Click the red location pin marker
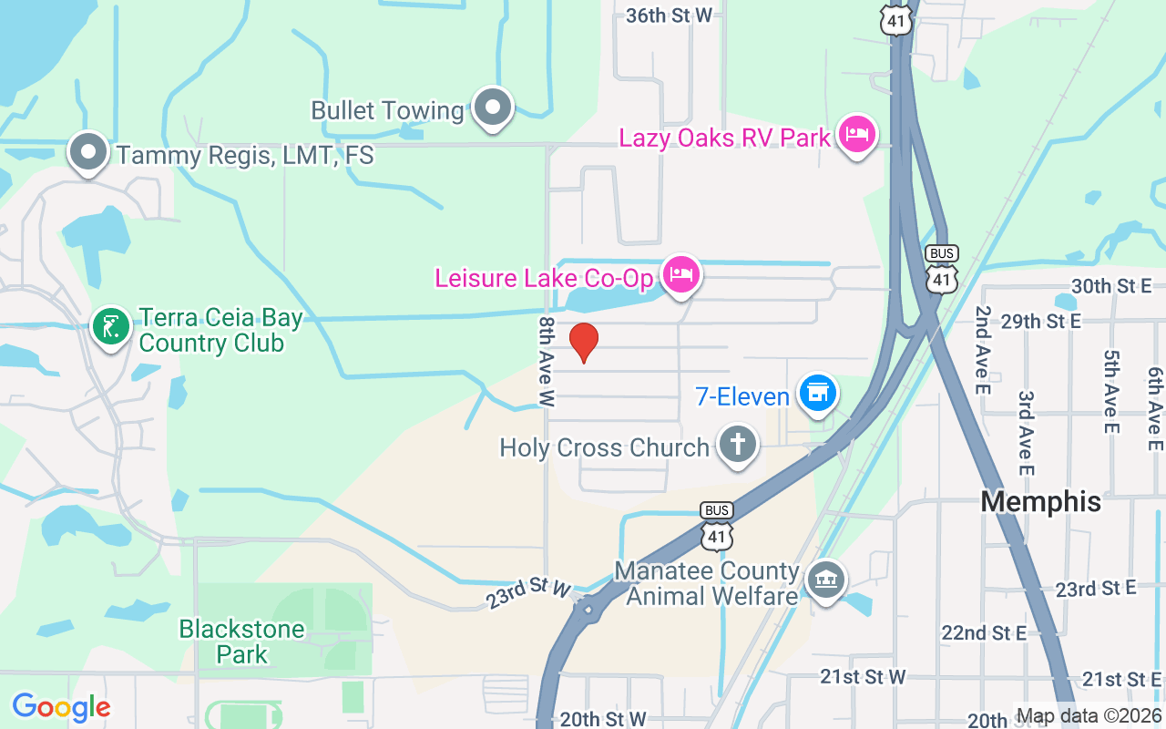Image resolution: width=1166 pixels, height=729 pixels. click(x=584, y=342)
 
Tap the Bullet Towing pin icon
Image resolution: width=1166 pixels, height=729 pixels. click(x=494, y=108)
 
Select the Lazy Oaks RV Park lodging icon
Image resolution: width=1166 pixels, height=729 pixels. click(x=855, y=136)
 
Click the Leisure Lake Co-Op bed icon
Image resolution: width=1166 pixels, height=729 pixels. click(x=680, y=274)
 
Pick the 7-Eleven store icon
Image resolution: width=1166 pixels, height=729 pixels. click(x=817, y=394)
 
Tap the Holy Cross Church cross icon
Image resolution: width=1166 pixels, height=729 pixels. click(x=738, y=446)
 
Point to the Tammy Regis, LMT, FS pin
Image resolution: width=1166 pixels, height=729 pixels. click(x=88, y=153)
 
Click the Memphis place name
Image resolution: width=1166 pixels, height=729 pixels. click(x=1041, y=501)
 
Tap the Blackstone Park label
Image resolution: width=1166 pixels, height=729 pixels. click(x=241, y=642)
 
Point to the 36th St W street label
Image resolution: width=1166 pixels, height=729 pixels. click(x=669, y=15)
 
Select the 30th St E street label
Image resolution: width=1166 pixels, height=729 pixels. click(x=1111, y=286)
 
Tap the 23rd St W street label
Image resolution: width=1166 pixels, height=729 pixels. click(x=528, y=592)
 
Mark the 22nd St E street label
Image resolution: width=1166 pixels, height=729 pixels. click(x=984, y=632)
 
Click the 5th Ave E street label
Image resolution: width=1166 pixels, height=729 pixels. click(x=1111, y=392)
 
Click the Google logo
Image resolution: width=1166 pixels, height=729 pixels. click(x=61, y=707)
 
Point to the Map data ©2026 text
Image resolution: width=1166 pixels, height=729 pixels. click(x=1089, y=716)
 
